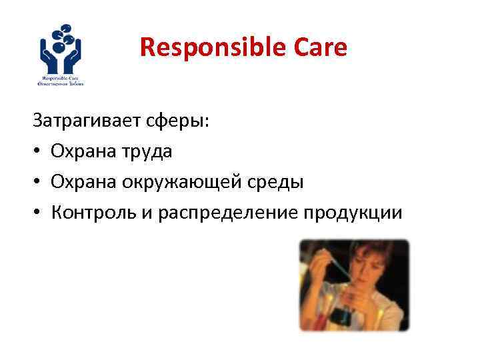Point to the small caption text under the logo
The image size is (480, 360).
[65, 81]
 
